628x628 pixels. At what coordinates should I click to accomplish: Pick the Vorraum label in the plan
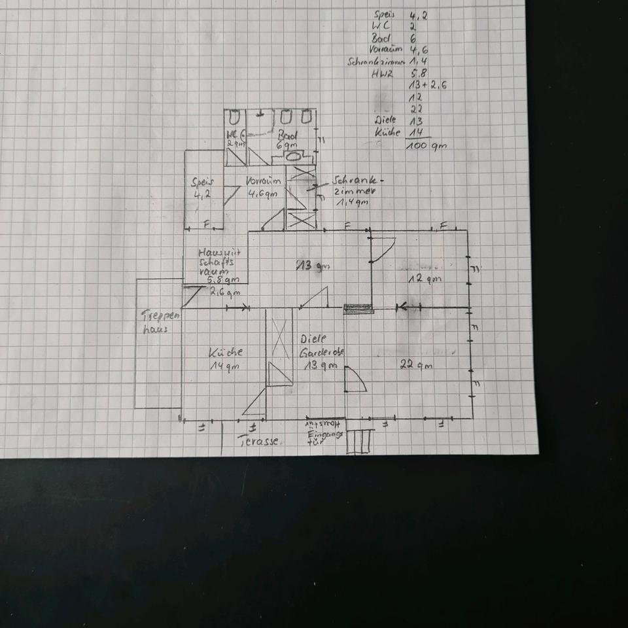pyautogui.click(x=263, y=181)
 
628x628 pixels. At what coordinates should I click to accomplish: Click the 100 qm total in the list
pyautogui.click(x=426, y=145)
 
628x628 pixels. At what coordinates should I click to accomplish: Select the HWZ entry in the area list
pyautogui.click(x=381, y=75)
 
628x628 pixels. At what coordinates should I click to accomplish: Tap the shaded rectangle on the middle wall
pyautogui.click(x=358, y=309)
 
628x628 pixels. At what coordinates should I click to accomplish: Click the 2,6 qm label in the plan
pyautogui.click(x=224, y=292)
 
